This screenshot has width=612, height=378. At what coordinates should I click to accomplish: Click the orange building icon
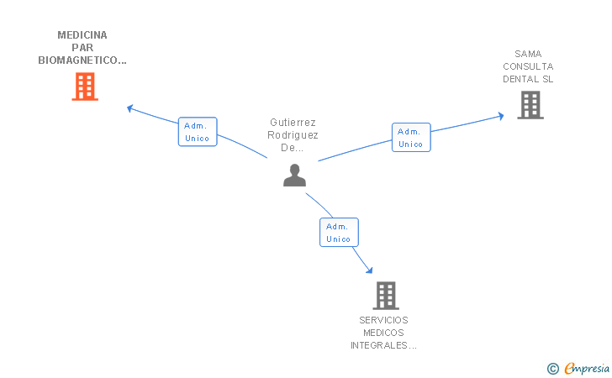pyautogui.click(x=85, y=87)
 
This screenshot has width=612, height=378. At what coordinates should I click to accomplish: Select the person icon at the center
pyautogui.click(x=294, y=175)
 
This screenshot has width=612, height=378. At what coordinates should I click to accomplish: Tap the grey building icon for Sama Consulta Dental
pyautogui.click(x=530, y=105)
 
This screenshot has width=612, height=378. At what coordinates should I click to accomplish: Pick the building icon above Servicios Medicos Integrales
pyautogui.click(x=385, y=295)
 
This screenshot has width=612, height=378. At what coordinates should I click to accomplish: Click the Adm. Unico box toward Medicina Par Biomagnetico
pyautogui.click(x=198, y=132)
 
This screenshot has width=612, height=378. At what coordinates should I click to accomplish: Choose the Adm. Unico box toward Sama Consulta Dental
pyautogui.click(x=410, y=138)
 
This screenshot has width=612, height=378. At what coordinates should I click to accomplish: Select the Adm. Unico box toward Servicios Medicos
pyautogui.click(x=339, y=233)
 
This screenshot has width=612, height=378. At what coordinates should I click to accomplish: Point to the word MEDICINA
pyautogui.click(x=82, y=35)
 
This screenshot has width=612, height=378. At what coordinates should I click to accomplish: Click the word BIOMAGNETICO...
pyautogui.click(x=82, y=60)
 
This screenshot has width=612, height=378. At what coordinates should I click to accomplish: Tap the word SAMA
pyautogui.click(x=528, y=54)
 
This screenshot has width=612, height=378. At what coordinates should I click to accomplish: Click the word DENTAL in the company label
pyautogui.click(x=519, y=79)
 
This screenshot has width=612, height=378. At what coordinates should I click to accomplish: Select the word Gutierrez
pyautogui.click(x=293, y=123)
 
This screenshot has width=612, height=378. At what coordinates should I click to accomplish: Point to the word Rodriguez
pyautogui.click(x=293, y=135)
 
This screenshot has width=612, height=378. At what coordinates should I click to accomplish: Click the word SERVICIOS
pyautogui.click(x=383, y=320)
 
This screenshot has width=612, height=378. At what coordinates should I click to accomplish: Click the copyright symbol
pyautogui.click(x=552, y=368)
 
